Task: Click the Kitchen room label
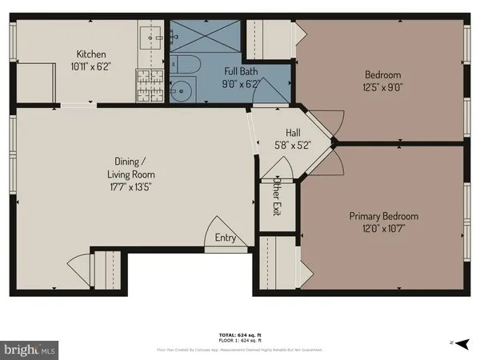click(87, 54)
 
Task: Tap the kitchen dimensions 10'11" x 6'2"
click(87, 66)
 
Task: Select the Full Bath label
click(240, 71)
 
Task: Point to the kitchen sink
click(154, 36)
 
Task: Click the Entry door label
click(226, 238)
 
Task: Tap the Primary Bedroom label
click(383, 216)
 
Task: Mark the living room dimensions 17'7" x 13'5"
click(131, 186)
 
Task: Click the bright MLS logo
click(30, 349)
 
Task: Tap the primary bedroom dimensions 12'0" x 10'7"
click(383, 228)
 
